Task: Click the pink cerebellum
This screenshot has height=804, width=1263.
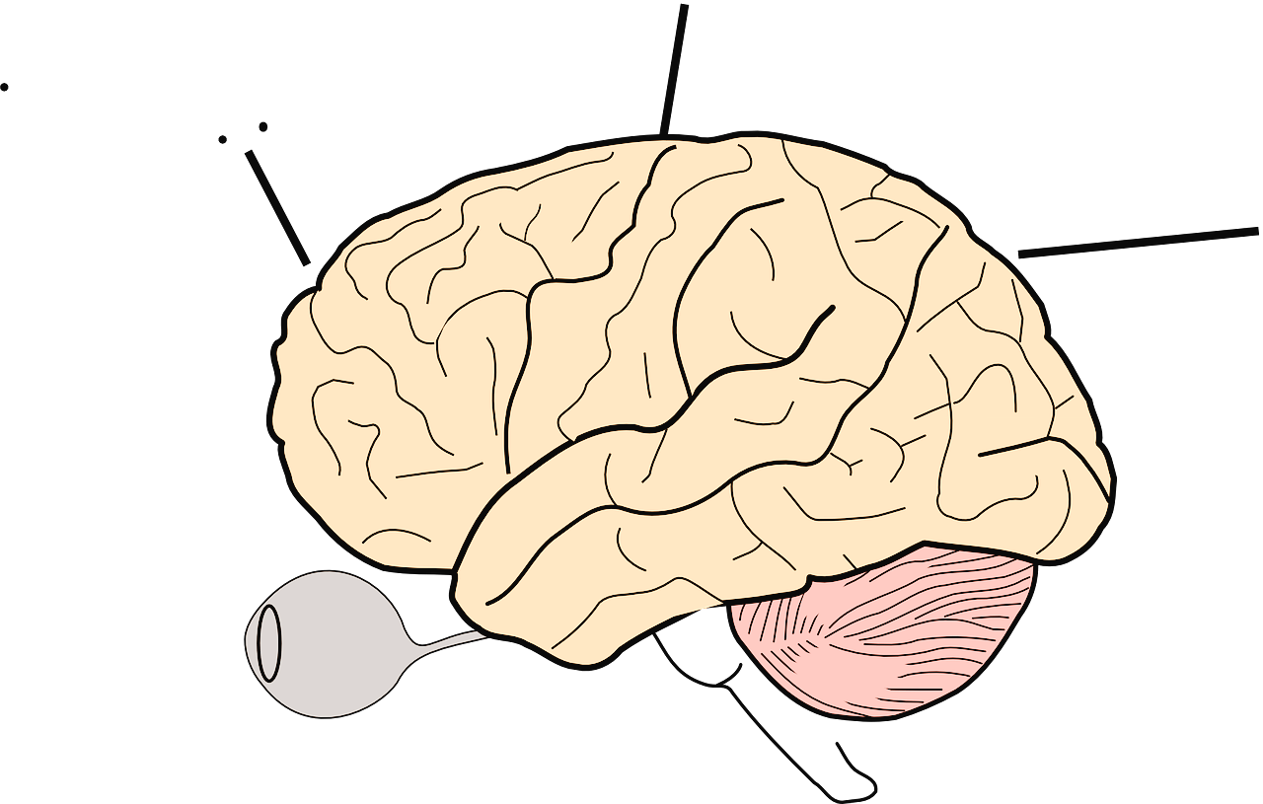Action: tap(888, 631)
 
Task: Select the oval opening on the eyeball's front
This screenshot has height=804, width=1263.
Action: tap(267, 641)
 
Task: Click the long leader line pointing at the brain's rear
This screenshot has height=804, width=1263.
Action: tap(1135, 242)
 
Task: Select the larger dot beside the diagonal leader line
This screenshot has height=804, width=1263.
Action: tap(262, 126)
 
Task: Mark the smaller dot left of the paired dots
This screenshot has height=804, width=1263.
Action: tap(223, 140)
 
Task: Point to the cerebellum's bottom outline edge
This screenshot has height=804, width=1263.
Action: tap(888, 713)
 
